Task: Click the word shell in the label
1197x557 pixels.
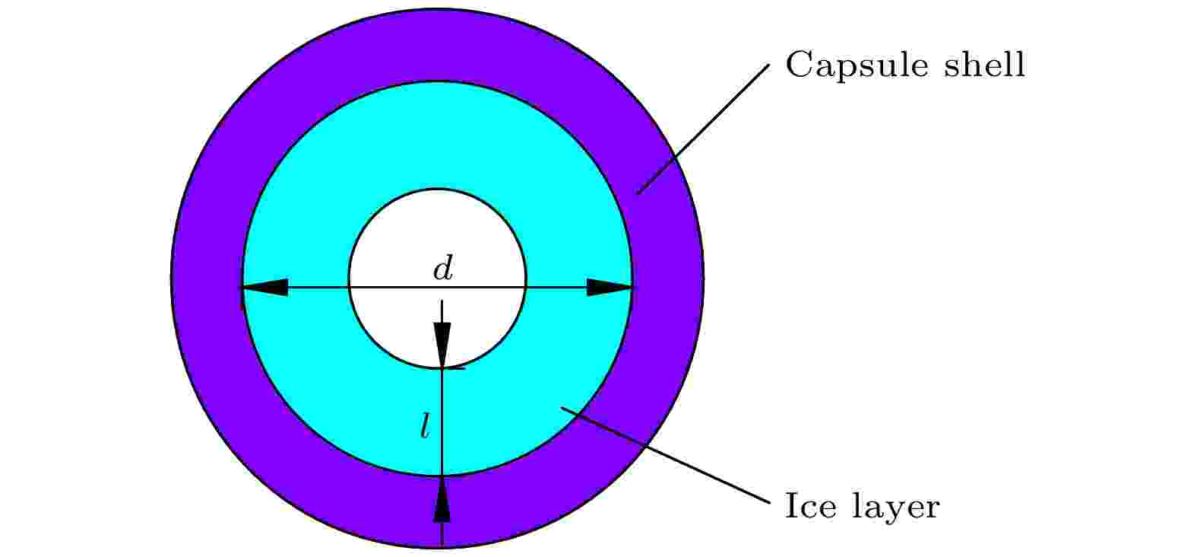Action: (x=984, y=64)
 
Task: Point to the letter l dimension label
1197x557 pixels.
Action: (x=425, y=426)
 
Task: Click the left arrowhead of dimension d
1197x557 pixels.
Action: (x=265, y=288)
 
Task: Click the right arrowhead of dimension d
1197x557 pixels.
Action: (x=610, y=288)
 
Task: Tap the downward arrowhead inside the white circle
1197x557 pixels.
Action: (x=442, y=345)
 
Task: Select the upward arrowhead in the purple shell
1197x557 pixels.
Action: (x=442, y=498)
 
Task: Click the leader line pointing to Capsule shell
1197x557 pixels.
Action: (x=703, y=129)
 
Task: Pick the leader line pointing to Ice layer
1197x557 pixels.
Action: (x=665, y=455)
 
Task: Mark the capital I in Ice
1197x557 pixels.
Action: (x=791, y=505)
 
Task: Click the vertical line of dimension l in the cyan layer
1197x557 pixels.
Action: (x=442, y=422)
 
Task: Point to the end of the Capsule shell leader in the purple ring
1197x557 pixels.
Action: (x=638, y=194)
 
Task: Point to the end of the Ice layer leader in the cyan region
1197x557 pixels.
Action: (x=561, y=407)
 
